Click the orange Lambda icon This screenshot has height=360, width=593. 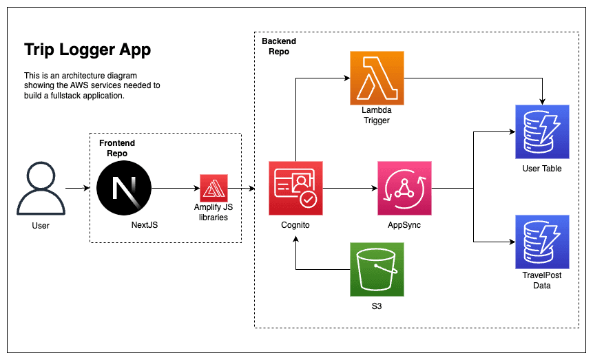(377, 78)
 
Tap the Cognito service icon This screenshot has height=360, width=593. (295, 188)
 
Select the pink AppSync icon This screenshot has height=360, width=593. (404, 188)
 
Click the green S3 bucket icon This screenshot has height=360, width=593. (377, 269)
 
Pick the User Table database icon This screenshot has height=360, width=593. (542, 131)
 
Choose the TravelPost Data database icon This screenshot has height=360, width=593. (542, 241)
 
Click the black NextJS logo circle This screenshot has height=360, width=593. (124, 188)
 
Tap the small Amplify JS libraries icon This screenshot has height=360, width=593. (214, 188)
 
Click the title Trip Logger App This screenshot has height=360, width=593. (87, 50)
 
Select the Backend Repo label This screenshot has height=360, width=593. (278, 46)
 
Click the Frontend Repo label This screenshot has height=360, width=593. (117, 147)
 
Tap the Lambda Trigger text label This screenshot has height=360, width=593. (376, 115)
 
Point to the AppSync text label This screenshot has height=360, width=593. (404, 225)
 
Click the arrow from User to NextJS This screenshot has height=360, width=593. (77, 188)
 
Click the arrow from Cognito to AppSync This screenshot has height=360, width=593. (350, 188)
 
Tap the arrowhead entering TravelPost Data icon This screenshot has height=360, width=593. (511, 242)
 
